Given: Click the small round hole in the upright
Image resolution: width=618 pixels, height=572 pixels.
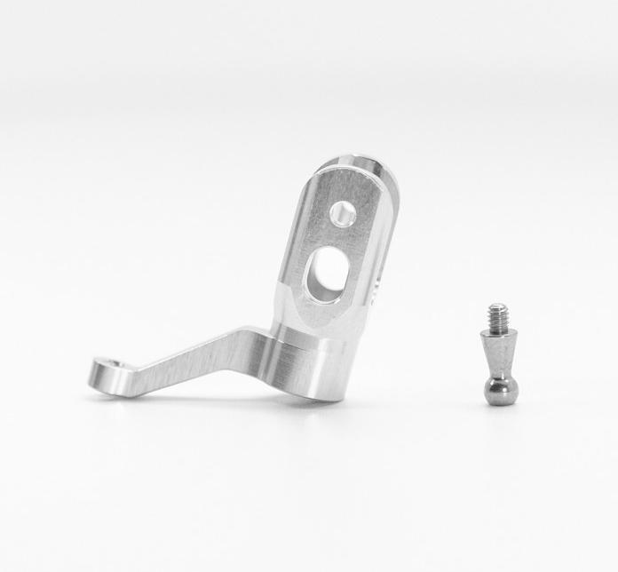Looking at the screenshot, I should [341, 213].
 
